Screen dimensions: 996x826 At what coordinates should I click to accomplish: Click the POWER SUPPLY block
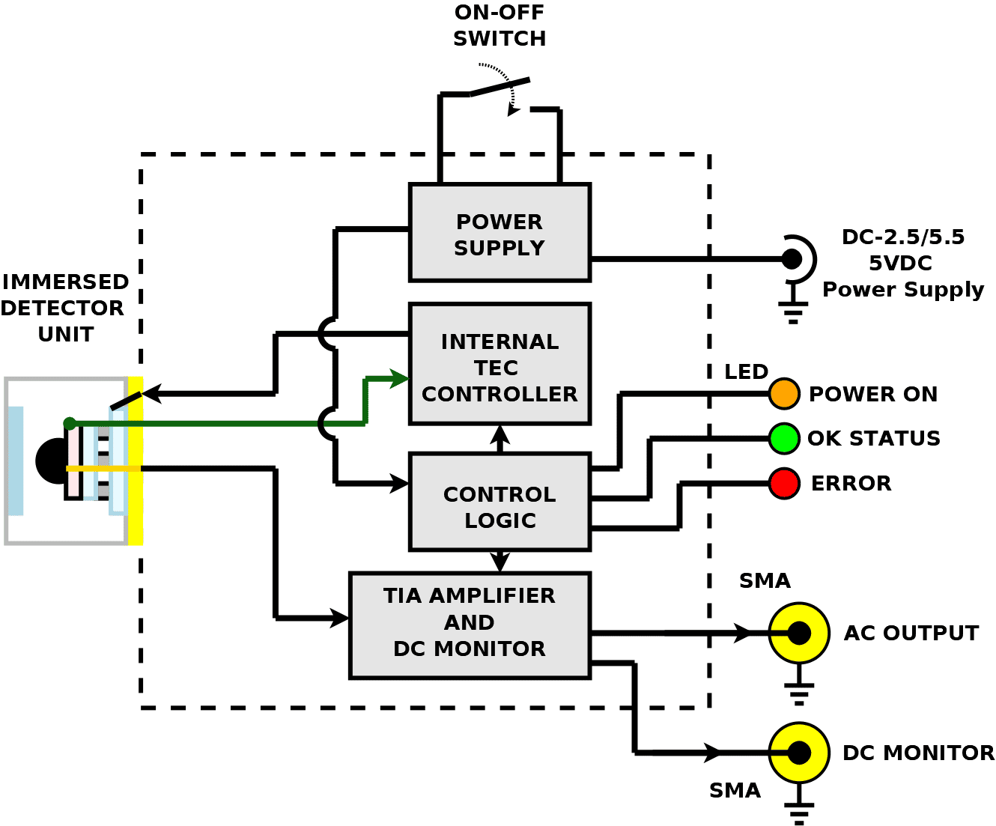(x=499, y=232)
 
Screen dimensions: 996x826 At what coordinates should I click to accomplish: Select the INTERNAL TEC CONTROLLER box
(x=499, y=364)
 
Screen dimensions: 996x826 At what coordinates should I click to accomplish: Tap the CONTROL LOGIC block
(x=499, y=502)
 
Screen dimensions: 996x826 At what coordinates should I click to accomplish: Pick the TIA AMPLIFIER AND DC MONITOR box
(x=470, y=625)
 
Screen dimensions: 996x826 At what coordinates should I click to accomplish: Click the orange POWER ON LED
(x=784, y=394)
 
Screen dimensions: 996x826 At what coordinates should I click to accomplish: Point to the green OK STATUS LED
(x=784, y=438)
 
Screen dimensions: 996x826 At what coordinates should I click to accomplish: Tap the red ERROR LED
(x=784, y=483)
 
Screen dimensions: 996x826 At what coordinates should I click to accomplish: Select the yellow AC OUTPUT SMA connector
(x=799, y=633)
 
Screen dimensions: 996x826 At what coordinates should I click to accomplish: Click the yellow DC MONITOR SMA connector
(x=799, y=753)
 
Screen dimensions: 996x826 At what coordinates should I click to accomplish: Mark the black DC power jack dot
(x=792, y=259)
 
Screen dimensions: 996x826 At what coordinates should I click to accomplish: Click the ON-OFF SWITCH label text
(x=499, y=25)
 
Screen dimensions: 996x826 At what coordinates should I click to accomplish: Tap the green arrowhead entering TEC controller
(x=399, y=379)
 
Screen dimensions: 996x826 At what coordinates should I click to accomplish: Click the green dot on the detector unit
(x=70, y=423)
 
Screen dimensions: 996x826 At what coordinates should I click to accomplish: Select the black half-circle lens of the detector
(x=50, y=461)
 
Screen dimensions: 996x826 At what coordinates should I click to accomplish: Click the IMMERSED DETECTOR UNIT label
(x=64, y=308)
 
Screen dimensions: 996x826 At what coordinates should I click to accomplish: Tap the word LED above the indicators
(x=746, y=371)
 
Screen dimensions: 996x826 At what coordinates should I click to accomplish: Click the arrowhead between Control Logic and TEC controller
(x=499, y=434)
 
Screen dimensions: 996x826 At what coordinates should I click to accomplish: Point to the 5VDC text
(x=900, y=263)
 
